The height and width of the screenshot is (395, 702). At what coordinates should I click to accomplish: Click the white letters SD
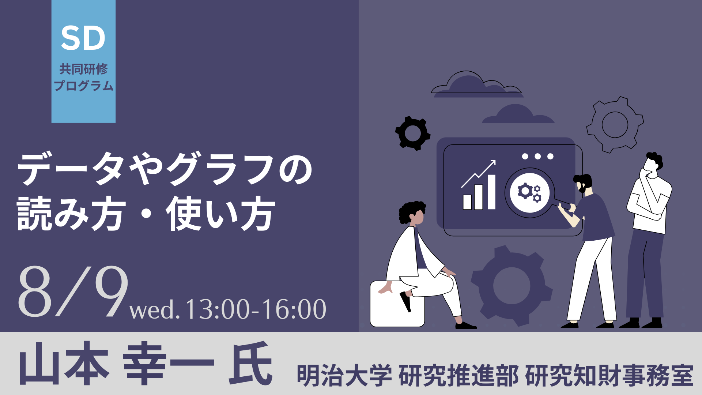pyautogui.click(x=83, y=38)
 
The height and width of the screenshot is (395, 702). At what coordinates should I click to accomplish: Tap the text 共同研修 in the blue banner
pyautogui.click(x=84, y=69)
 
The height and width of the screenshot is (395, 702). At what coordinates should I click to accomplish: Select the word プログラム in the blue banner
pyautogui.click(x=84, y=86)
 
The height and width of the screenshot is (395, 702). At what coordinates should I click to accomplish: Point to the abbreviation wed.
pyautogui.click(x=155, y=310)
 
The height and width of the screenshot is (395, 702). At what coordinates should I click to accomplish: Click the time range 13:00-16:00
pyautogui.click(x=256, y=309)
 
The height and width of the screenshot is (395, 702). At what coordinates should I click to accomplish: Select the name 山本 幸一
pyautogui.click(x=117, y=363)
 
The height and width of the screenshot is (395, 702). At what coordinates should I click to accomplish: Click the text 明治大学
pyautogui.click(x=344, y=376)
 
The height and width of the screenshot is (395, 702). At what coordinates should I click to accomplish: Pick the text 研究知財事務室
pyautogui.click(x=609, y=376)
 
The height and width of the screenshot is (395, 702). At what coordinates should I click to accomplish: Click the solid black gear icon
pyautogui.click(x=413, y=133)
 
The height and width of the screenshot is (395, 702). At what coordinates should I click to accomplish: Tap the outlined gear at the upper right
pyautogui.click(x=615, y=125)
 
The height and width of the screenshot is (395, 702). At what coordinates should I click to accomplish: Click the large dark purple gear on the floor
pyautogui.click(x=512, y=286)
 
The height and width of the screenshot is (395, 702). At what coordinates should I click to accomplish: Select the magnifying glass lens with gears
pyautogui.click(x=530, y=192)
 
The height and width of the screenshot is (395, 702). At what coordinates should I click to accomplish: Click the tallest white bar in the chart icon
pyautogui.click(x=491, y=192)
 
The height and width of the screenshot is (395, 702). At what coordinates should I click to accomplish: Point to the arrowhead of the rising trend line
pyautogui.click(x=493, y=163)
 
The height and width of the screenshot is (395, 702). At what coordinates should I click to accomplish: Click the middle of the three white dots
pyautogui.click(x=538, y=157)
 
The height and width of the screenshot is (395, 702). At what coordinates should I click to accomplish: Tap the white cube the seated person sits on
pyautogui.click(x=397, y=304)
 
